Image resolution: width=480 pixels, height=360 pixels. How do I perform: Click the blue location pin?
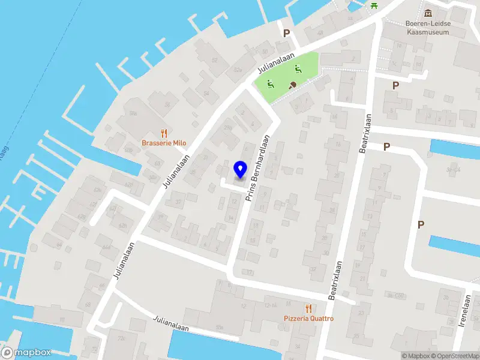[240, 169]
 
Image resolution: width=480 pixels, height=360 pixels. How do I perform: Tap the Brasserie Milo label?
[164, 143]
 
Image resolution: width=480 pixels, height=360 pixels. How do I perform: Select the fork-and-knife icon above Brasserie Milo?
[163, 133]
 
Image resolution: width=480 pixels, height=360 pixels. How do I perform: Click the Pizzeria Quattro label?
[308, 319]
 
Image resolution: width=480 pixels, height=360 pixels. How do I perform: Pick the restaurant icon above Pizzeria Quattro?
[308, 308]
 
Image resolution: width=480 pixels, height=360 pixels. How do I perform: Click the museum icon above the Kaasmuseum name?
[428, 13]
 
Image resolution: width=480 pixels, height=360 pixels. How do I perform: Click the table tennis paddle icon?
[293, 85]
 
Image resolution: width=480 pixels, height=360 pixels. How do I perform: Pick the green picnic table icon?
[374, 5]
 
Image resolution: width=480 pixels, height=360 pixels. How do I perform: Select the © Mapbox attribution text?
[416, 356]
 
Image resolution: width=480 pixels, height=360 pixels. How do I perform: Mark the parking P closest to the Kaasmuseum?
[395, 85]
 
